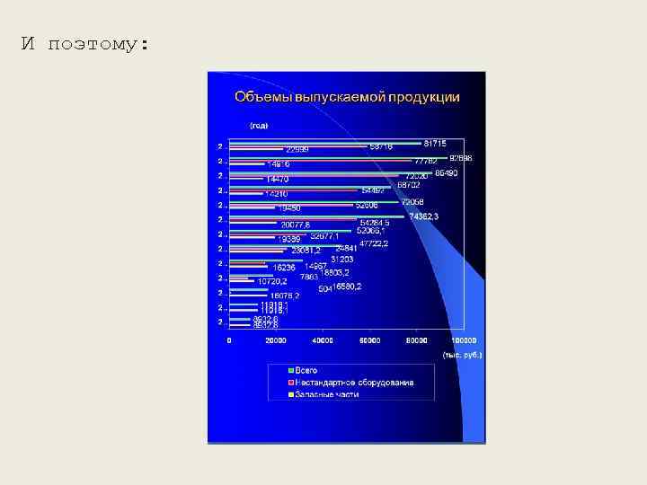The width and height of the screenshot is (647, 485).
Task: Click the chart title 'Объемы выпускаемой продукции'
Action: coord(347,97)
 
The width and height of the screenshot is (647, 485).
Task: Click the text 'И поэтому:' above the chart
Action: coord(85,44)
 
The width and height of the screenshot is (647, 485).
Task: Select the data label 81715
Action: coord(435,143)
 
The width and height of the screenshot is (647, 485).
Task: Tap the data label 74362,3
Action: coord(423,216)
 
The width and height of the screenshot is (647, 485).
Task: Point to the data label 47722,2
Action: coord(374,243)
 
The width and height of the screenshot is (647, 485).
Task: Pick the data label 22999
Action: coord(298,149)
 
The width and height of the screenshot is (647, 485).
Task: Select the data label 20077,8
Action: coord(296,225)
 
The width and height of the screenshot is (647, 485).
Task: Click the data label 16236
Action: coord(284,267)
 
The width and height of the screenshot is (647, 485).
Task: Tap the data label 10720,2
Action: coord(271,281)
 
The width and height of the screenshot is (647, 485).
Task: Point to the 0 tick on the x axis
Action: coord(229,341)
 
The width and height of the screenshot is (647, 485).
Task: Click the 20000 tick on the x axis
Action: coord(275,341)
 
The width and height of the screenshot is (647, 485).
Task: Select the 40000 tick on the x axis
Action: coord(322,341)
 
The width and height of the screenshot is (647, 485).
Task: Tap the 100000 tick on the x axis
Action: coord(463,341)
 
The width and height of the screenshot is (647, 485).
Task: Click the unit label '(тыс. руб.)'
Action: coord(462,355)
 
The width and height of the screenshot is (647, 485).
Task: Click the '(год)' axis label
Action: coord(259,125)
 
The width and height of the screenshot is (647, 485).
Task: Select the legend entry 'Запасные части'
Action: coord(326,394)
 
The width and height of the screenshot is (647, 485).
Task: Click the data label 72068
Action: coord(412,202)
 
